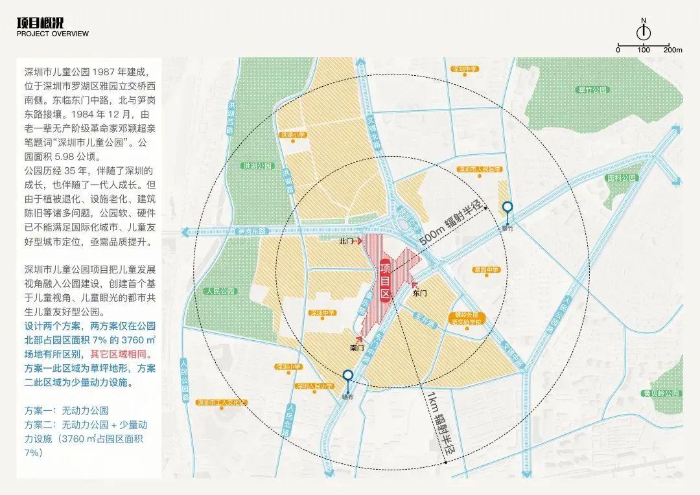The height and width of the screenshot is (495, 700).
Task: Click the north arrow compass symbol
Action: (x=644, y=32)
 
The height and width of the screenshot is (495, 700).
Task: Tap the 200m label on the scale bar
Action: (x=673, y=50)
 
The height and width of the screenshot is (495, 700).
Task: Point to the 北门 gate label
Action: (x=347, y=241)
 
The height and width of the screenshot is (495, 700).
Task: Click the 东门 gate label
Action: (x=419, y=293)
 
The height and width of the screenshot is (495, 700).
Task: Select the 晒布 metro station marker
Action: (x=348, y=376)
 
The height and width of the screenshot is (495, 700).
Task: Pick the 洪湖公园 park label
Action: (x=221, y=166)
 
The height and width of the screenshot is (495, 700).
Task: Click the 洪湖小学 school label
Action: (x=292, y=135)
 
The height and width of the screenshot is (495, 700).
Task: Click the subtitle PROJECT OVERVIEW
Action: (x=52, y=34)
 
